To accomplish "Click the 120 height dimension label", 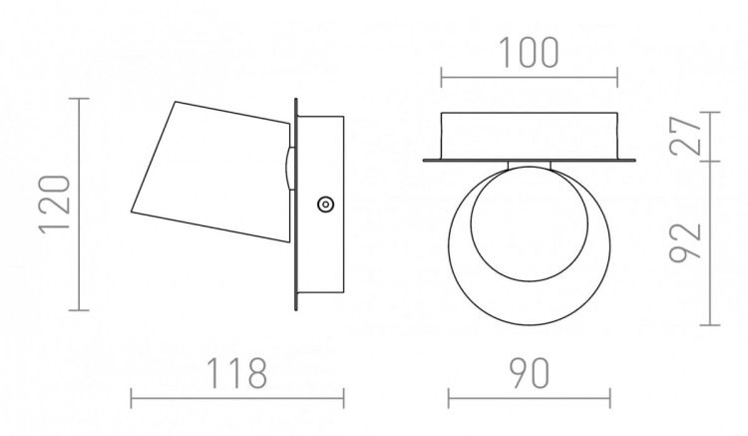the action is (55, 205).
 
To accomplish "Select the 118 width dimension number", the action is (236, 372).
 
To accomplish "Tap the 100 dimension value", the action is (529, 52).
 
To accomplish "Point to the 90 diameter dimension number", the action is (529, 372).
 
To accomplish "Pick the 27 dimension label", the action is (685, 136).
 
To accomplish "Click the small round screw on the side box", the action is (325, 205).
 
